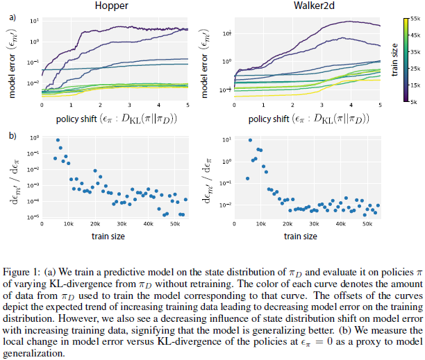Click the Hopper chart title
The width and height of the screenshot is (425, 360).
pos(114,6)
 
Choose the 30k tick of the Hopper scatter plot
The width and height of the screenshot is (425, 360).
pos(121,225)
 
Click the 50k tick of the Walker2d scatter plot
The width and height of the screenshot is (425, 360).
pos(368,225)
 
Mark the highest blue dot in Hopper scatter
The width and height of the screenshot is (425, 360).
pos(58,140)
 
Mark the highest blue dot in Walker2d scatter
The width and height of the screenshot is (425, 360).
pos(250,140)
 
